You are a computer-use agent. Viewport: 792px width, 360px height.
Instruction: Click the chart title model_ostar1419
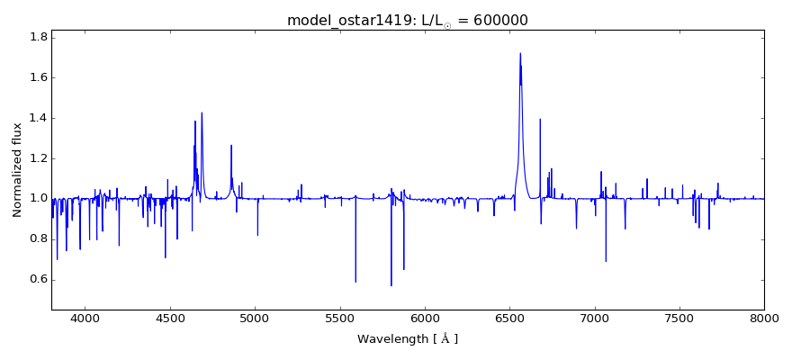pos(349,21)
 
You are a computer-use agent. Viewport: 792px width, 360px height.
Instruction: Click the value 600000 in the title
pos(496,21)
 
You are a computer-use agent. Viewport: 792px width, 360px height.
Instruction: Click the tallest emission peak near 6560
pos(520,53)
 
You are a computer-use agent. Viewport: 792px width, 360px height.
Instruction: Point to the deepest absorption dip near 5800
pos(391,285)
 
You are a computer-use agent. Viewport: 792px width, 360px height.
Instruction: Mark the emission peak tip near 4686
pos(202,112)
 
